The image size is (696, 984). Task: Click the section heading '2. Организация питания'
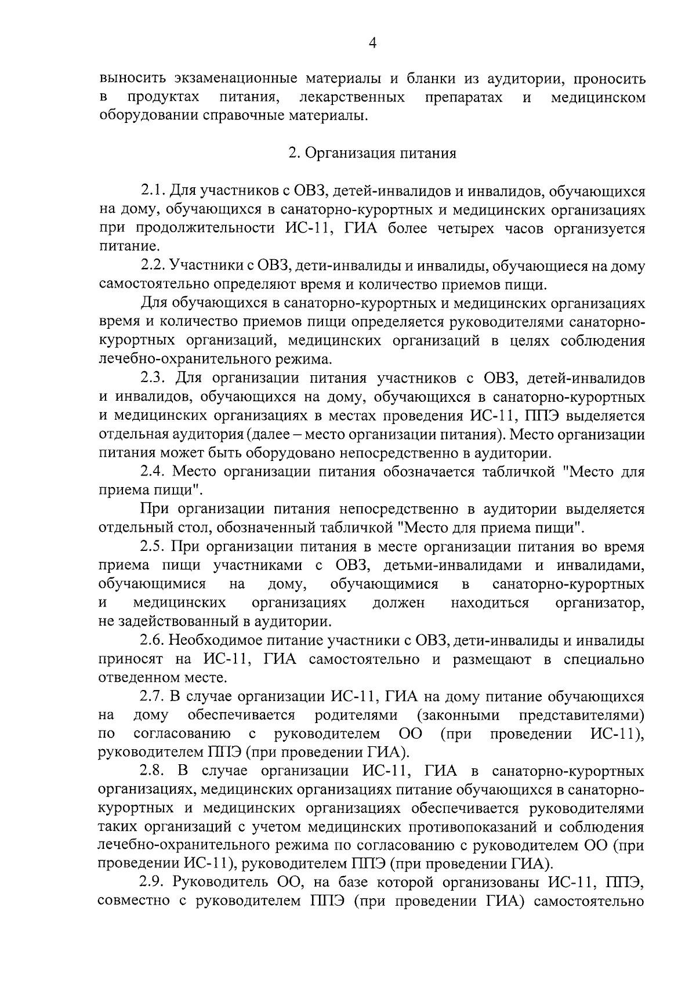tap(372, 153)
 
